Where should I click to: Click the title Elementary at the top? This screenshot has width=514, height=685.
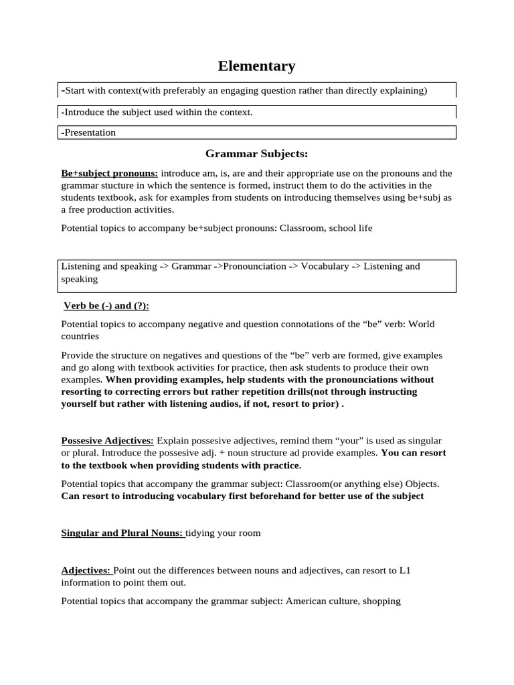pos(256,66)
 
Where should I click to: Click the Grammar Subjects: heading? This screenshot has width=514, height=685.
pos(256,155)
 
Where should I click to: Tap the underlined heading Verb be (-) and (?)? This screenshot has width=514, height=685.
pos(106,306)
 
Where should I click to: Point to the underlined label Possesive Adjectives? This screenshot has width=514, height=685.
pos(108,441)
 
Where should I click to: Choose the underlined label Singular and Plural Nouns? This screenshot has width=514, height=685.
pos(122,533)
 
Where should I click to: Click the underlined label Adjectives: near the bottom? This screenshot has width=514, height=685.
pos(86,571)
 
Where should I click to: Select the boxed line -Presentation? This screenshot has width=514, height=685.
pos(89,132)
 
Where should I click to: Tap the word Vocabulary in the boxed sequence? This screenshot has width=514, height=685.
pos(325,266)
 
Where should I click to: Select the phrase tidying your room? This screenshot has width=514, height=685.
pos(224,533)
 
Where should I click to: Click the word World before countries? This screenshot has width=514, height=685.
pos(421,324)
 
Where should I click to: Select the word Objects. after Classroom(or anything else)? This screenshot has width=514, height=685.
pos(422,484)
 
